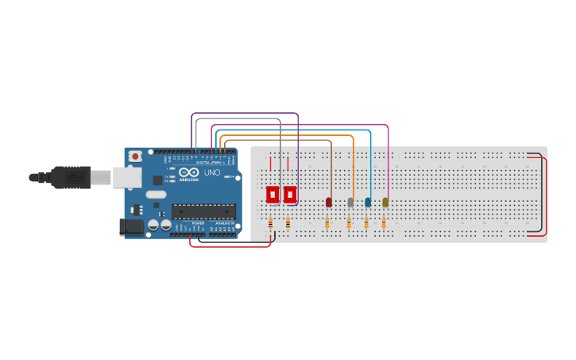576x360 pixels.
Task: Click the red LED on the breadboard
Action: click(329, 203)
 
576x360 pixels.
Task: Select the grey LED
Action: click(350, 203)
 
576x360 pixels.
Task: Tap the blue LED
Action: click(368, 203)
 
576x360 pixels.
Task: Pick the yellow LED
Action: click(385, 203)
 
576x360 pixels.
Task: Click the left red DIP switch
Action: click(273, 194)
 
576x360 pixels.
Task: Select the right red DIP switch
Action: click(290, 194)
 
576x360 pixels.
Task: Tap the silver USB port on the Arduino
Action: click(127, 177)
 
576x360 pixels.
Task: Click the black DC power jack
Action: click(131, 226)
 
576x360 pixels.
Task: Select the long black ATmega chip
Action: click(203, 211)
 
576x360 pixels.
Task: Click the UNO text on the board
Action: click(212, 172)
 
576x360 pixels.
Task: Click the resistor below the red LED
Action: click(327, 224)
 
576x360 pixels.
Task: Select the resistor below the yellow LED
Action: click(384, 224)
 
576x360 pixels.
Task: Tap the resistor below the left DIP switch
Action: click(270, 223)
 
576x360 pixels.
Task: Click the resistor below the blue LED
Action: click(366, 224)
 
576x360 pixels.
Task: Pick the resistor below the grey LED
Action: click(349, 224)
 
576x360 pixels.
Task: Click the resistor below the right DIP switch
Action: click(288, 223)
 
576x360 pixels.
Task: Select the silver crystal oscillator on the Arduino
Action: click(156, 194)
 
